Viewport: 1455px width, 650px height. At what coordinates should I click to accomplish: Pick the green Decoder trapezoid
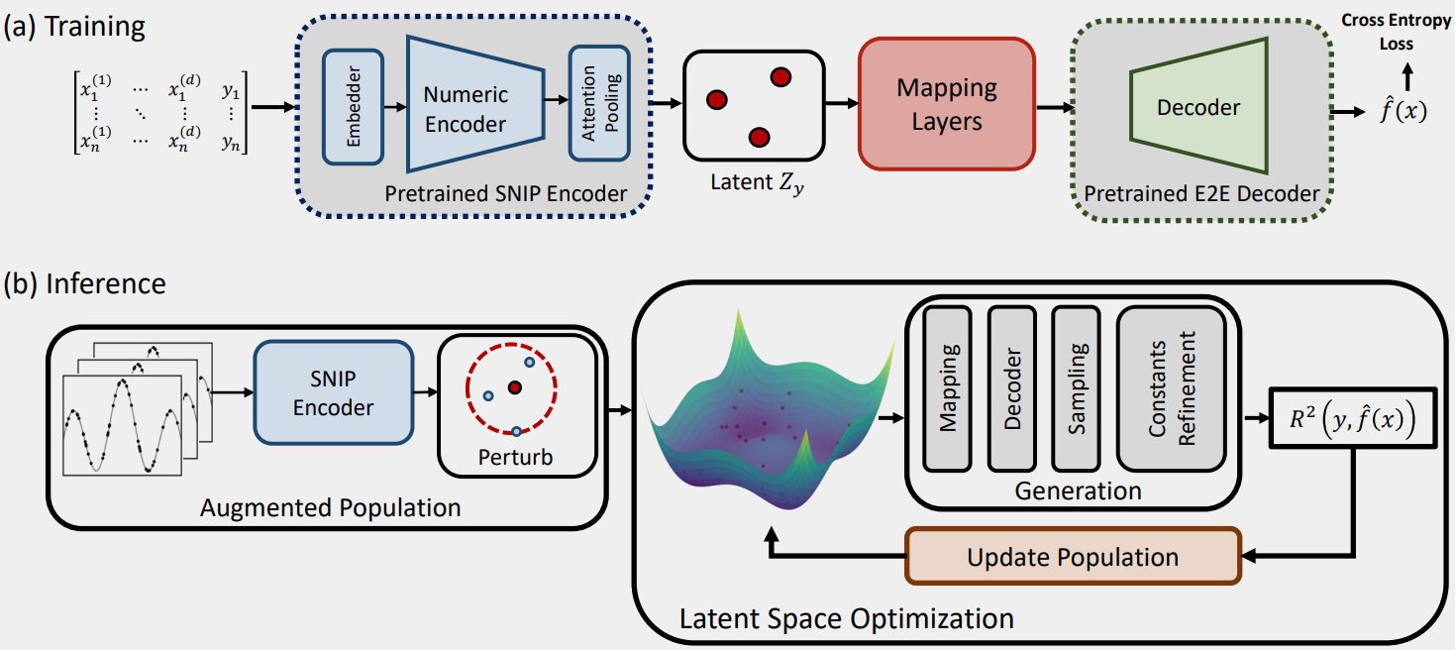pos(1198,106)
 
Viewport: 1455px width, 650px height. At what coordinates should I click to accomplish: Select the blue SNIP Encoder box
pos(334,393)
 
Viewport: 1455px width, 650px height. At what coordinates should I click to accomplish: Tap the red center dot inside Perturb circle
pos(515,387)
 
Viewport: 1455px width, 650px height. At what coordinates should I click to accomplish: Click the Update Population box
pos(1073,556)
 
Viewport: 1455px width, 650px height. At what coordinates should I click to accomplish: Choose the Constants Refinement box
pos(1173,386)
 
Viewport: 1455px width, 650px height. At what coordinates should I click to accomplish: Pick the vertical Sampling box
pos(1078,386)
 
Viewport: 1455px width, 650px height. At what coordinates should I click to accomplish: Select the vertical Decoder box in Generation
pos(1012,386)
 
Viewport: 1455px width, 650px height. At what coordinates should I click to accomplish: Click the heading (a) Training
pos(74,26)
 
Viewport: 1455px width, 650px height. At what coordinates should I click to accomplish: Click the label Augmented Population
pos(331,507)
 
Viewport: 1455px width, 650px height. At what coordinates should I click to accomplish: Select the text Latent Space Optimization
pos(846,619)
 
